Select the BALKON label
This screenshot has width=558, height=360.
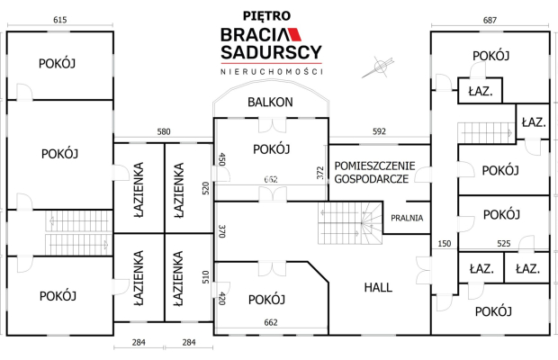click(x=271, y=103)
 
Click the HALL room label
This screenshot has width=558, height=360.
click(x=378, y=288)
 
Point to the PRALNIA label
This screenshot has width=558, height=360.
click(x=407, y=218)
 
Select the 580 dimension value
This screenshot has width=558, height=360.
click(x=164, y=132)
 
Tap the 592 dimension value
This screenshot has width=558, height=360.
click(x=379, y=132)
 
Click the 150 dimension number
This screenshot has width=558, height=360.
click(x=443, y=243)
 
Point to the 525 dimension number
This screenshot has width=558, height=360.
click(x=504, y=243)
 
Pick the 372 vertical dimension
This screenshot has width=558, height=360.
click(x=320, y=173)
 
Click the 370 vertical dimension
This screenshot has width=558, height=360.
click(x=221, y=230)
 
